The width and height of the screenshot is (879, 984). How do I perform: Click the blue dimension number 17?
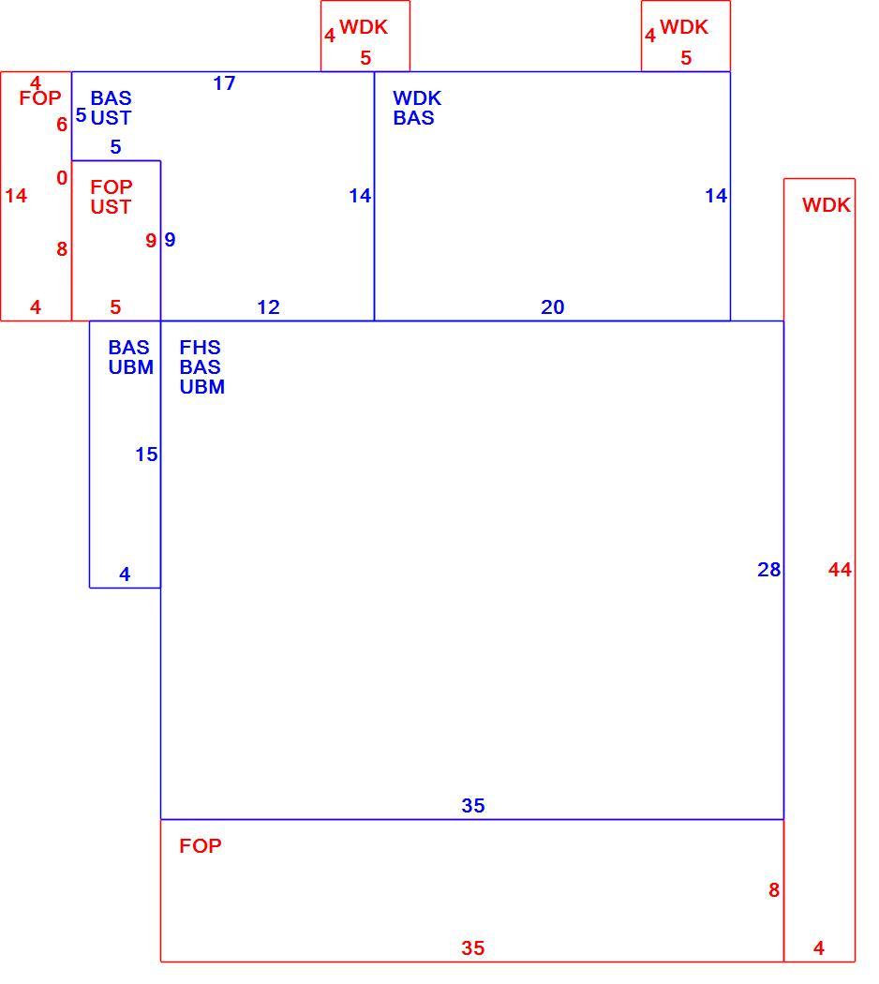(224, 83)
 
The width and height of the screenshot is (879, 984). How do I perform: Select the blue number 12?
(269, 306)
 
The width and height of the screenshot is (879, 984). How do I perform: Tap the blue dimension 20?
(553, 306)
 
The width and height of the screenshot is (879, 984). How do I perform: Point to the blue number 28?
(768, 569)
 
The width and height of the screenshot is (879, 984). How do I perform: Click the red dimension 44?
(840, 569)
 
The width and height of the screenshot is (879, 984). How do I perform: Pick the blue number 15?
(146, 455)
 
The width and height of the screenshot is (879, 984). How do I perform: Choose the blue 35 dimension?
(473, 805)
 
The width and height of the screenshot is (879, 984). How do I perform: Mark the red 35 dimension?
(473, 947)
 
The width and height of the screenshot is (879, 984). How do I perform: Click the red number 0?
(62, 178)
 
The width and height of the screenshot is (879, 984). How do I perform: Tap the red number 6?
(62, 125)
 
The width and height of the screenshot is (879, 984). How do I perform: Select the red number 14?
(16, 196)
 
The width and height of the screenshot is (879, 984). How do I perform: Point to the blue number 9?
(170, 240)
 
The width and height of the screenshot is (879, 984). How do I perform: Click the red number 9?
(151, 240)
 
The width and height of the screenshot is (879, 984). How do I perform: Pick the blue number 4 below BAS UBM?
(125, 574)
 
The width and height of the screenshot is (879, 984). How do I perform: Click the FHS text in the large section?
(201, 347)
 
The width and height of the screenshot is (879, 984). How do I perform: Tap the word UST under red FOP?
(111, 206)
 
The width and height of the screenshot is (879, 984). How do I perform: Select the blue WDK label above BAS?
(417, 97)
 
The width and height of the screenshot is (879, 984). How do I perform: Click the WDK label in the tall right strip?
(827, 204)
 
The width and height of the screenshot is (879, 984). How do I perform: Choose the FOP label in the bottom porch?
(201, 846)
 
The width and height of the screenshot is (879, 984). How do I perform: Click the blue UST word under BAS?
(111, 117)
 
